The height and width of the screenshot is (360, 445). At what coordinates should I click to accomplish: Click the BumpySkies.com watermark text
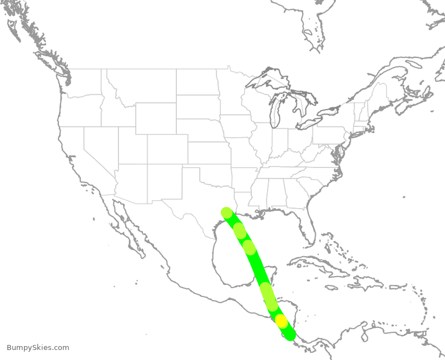[x=38, y=348]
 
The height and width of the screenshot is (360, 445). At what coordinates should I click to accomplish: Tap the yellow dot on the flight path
[x=281, y=321]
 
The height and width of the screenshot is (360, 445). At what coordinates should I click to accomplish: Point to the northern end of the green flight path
[x=226, y=212]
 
